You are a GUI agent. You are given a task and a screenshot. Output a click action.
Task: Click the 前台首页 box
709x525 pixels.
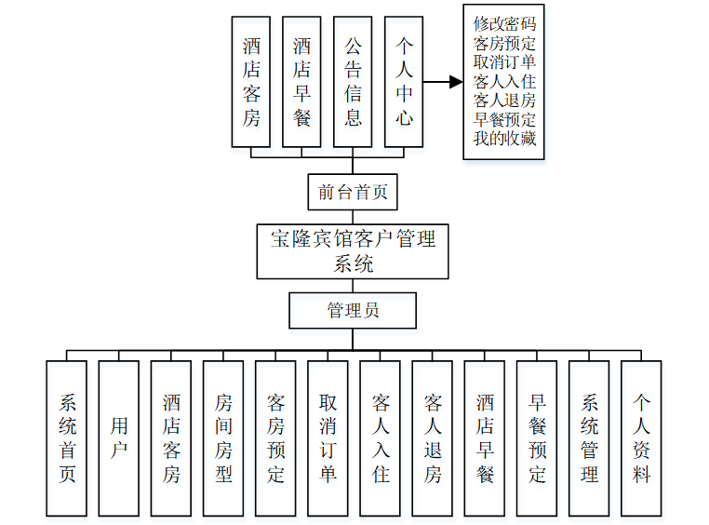tap(353, 193)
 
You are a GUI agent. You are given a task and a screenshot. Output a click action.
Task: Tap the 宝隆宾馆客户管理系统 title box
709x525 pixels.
tap(353, 250)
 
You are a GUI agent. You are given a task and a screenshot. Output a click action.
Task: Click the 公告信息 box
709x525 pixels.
tap(353, 82)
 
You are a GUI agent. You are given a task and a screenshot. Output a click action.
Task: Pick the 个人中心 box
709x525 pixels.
tap(404, 82)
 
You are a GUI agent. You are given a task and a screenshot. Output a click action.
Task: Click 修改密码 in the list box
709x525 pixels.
tap(504, 23)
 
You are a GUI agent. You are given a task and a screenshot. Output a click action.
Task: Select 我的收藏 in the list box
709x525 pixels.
tap(504, 141)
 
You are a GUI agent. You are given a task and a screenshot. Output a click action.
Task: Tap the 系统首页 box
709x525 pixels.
tap(67, 438)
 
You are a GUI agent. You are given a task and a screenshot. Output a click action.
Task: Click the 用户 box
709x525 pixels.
tap(119, 438)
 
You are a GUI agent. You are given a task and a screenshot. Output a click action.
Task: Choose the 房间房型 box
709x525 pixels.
tap(223, 438)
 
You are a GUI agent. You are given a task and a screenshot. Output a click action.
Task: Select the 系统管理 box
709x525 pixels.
tap(589, 438)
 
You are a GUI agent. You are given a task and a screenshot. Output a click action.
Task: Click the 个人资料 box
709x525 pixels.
tap(641, 438)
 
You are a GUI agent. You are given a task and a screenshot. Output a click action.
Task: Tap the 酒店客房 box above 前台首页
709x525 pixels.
tap(251, 82)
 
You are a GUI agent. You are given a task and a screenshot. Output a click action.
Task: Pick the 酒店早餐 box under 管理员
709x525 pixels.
tap(485, 438)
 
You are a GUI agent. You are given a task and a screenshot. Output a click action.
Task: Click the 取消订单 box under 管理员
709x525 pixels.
tap(328, 438)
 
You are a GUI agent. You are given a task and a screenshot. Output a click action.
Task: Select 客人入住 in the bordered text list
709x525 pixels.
tap(504, 82)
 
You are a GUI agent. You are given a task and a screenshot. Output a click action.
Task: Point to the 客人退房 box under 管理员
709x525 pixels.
tap(433, 438)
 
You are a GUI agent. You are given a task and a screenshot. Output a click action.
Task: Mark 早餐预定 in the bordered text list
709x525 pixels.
tap(504, 121)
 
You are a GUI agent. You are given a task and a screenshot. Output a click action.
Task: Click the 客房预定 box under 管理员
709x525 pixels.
tap(275, 438)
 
